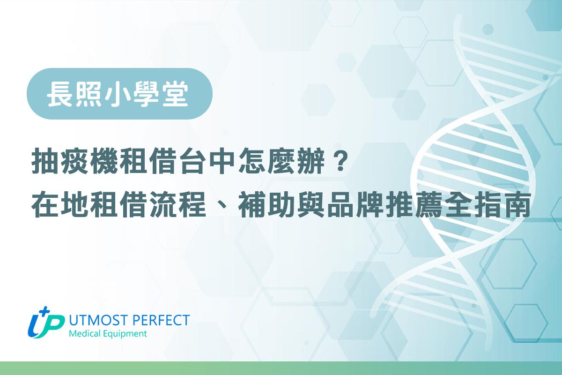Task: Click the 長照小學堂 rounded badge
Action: coord(119,94)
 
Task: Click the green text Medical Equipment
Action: coord(107,334)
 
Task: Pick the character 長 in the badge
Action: coord(59,94)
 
